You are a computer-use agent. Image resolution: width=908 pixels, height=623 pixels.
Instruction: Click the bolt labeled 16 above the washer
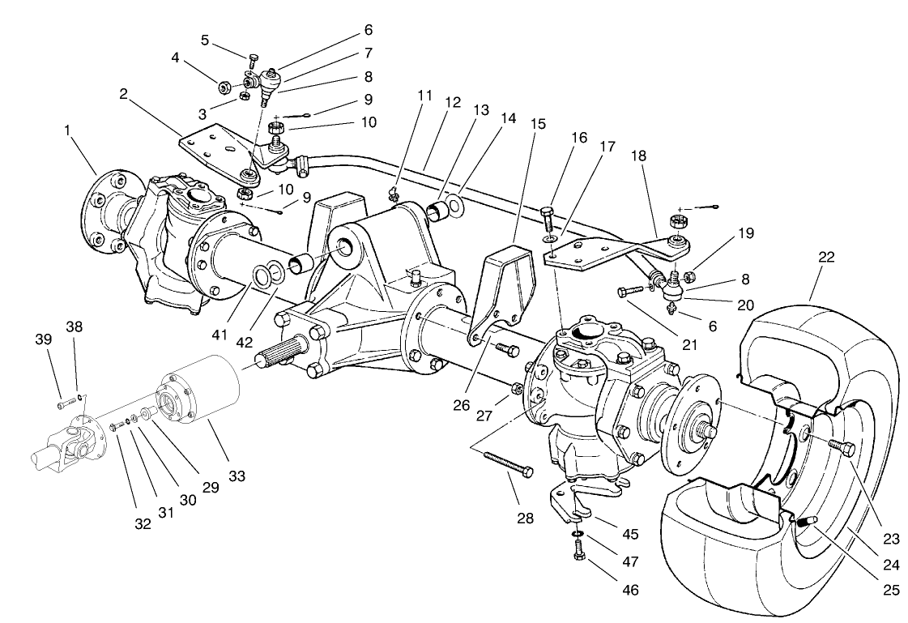click(547, 216)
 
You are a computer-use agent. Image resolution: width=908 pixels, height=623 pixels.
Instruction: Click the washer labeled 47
click(577, 535)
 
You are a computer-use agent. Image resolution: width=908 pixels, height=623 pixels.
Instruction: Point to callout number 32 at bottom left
click(143, 523)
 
